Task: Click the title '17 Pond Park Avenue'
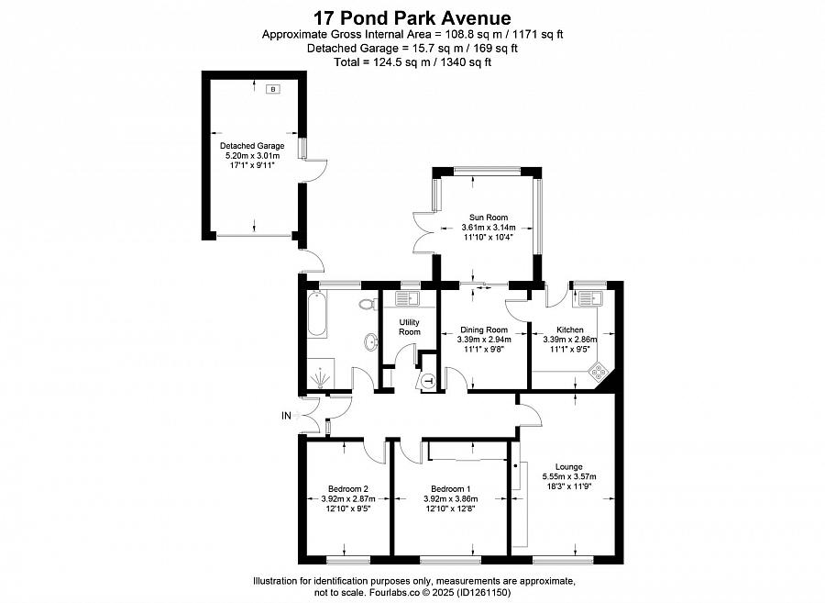(x=412, y=17)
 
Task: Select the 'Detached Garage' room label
(x=252, y=146)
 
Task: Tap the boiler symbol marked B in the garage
(x=271, y=89)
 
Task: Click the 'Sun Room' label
(x=488, y=218)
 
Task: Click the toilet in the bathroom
(x=368, y=304)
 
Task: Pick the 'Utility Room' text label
(x=409, y=326)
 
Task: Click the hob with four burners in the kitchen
(x=599, y=373)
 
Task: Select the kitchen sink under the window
(x=588, y=297)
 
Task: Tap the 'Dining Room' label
(x=483, y=329)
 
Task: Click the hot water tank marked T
(x=429, y=381)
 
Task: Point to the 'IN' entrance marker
(x=287, y=416)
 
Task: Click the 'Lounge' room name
(x=568, y=466)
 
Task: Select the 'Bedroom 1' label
(x=449, y=488)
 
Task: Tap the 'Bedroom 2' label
(x=348, y=488)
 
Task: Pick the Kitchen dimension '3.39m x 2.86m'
(x=569, y=340)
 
